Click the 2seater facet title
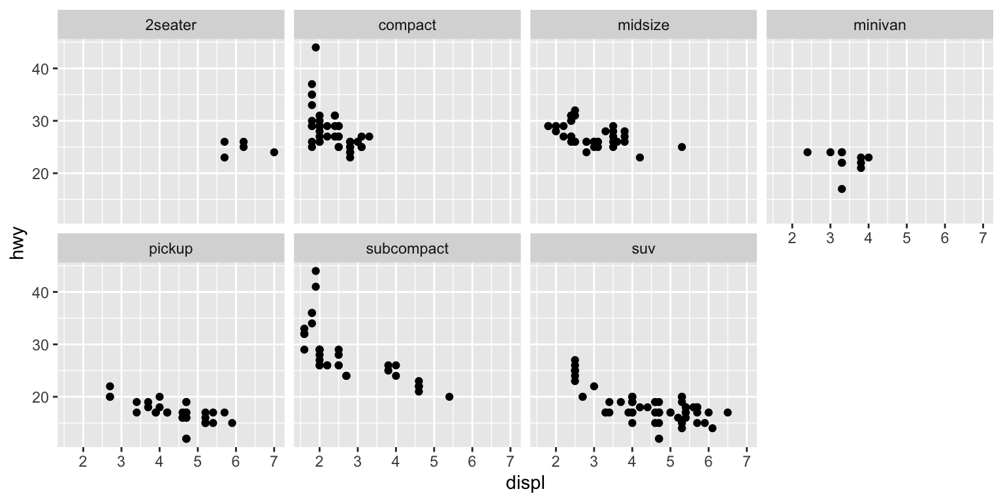(x=171, y=25)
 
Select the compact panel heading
(x=407, y=25)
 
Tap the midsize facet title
(x=643, y=25)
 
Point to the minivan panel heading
(x=880, y=25)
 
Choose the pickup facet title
(x=171, y=249)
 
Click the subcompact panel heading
(x=407, y=249)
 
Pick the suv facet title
(x=643, y=249)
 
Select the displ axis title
(x=526, y=484)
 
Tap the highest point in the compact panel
(x=316, y=47)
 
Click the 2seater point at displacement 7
(x=274, y=152)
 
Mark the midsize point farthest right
(x=682, y=147)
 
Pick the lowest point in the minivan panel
(x=842, y=189)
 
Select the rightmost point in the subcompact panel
(x=449, y=397)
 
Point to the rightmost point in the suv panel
(x=727, y=412)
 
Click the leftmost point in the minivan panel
(x=807, y=152)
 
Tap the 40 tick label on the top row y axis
(x=39, y=69)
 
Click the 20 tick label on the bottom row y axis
(x=39, y=397)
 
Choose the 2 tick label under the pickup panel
(x=83, y=461)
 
